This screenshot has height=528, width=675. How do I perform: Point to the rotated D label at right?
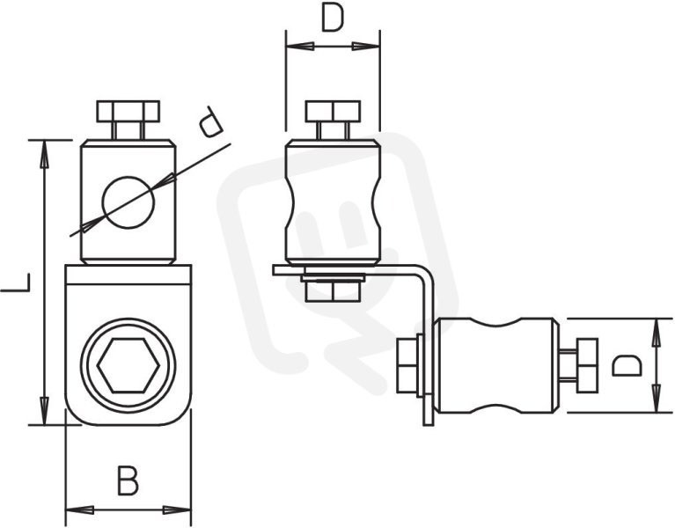627,365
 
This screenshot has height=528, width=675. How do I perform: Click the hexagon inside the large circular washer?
128,366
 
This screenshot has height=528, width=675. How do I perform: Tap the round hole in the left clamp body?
128,202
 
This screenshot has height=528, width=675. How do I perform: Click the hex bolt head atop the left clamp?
128,111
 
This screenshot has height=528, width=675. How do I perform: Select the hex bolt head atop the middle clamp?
333,111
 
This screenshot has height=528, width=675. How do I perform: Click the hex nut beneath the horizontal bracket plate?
333,292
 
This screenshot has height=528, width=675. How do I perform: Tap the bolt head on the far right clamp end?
586,365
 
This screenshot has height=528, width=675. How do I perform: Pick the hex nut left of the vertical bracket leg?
407,365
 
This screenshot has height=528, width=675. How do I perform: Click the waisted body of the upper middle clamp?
333,202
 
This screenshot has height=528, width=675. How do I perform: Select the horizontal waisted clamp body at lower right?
496,365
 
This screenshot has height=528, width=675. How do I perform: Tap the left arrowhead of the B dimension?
79,510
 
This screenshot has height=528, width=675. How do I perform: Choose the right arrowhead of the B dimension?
177,510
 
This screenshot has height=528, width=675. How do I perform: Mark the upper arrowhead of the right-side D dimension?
656,333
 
